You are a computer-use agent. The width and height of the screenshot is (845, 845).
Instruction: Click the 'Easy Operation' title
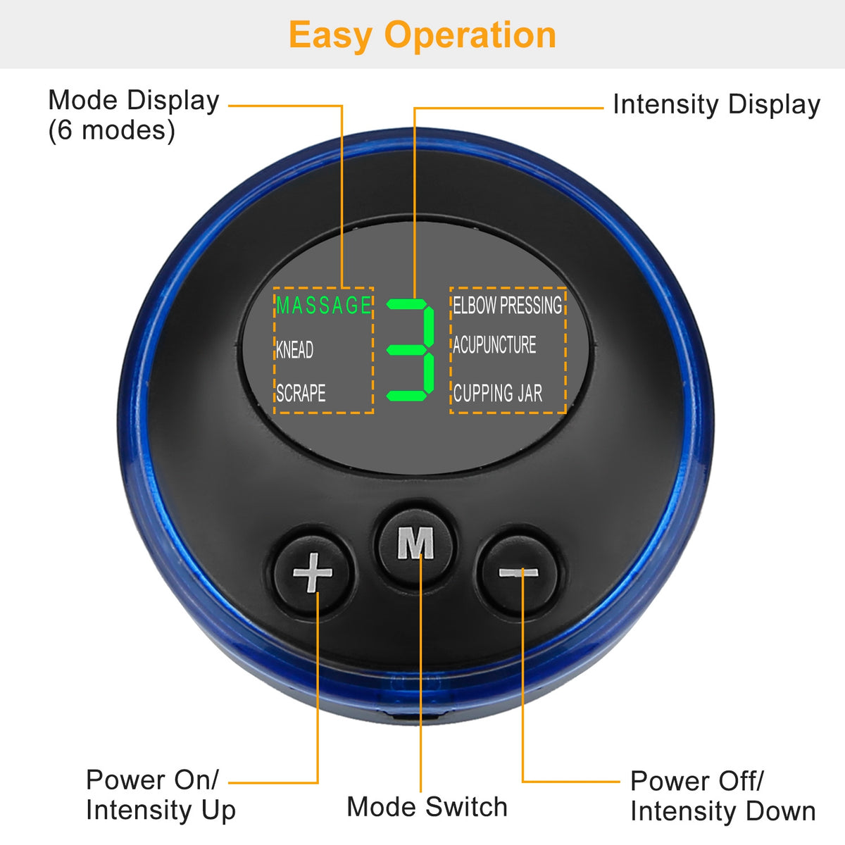423,35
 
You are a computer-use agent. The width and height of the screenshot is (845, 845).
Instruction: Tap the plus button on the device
312,572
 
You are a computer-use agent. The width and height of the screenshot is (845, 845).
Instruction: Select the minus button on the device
519,572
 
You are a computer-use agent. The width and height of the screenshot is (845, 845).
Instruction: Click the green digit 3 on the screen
411,350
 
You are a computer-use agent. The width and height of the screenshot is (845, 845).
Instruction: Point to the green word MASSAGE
324,305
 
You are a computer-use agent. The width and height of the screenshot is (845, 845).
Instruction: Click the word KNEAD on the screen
294,350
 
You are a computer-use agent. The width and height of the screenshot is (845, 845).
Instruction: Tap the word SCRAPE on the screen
301,393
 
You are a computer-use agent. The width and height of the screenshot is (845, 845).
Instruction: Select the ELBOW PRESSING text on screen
507,305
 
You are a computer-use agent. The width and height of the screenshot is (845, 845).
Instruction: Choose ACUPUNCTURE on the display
494,344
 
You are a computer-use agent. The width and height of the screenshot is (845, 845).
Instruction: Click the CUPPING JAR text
498,393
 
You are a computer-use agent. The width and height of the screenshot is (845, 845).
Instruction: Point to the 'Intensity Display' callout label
717,105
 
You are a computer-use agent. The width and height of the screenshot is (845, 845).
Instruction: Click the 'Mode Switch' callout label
427,807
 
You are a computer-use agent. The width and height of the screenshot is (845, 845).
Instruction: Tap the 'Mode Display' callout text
134,101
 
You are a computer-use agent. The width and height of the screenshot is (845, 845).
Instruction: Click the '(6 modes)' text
112,131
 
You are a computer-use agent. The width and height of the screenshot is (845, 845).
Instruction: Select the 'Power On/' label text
152,780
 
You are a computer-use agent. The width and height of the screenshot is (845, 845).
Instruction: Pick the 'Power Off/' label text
697,781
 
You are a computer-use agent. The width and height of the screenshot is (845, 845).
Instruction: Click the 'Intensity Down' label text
723,811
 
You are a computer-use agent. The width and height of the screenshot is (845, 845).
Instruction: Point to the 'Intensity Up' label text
161,810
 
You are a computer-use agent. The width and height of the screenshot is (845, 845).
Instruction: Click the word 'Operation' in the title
470,36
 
